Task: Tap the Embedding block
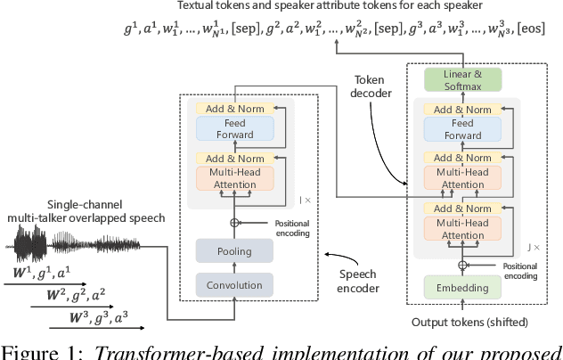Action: [461, 289]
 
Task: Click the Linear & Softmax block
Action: [461, 78]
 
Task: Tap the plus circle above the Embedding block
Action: [461, 266]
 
